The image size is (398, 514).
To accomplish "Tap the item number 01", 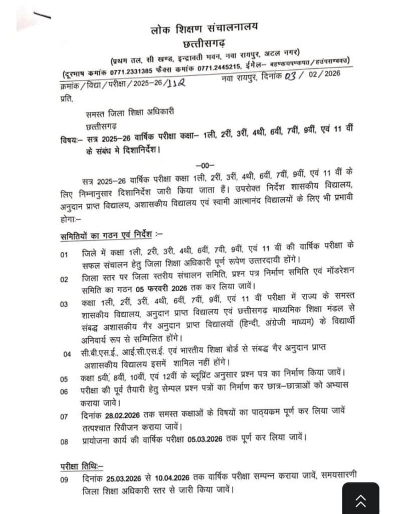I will pyautogui.click(x=64, y=254).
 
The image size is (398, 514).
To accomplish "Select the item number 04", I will pyautogui.click(x=67, y=354).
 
